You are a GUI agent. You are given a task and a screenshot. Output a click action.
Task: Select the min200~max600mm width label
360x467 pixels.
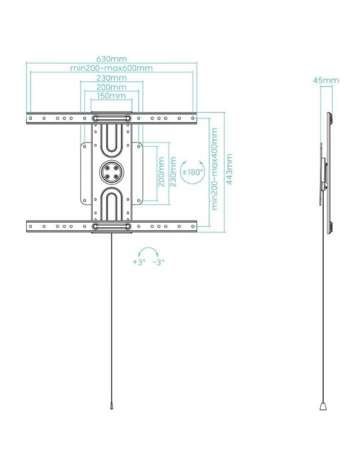coord(112,69)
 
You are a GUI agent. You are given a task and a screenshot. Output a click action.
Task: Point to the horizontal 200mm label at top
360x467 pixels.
coord(112,87)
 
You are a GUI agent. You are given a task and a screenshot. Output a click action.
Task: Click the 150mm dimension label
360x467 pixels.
coord(112,96)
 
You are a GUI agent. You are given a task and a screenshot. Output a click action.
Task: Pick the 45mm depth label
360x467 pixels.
coord(326,81)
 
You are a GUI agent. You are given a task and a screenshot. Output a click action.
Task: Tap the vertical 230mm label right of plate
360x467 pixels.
coord(173,171)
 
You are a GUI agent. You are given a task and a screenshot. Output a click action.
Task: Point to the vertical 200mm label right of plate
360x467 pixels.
coord(161,171)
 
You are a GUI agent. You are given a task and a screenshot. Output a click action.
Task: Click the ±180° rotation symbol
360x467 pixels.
coord(193,171)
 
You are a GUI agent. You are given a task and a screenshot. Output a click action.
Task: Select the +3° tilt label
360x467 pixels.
coord(139,262)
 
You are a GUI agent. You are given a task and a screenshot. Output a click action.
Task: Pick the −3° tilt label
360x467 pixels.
coord(159,262)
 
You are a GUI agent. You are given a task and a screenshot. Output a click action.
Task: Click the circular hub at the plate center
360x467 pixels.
coord(111,171)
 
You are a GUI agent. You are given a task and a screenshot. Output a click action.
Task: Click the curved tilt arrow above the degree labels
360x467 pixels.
coord(148,252)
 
